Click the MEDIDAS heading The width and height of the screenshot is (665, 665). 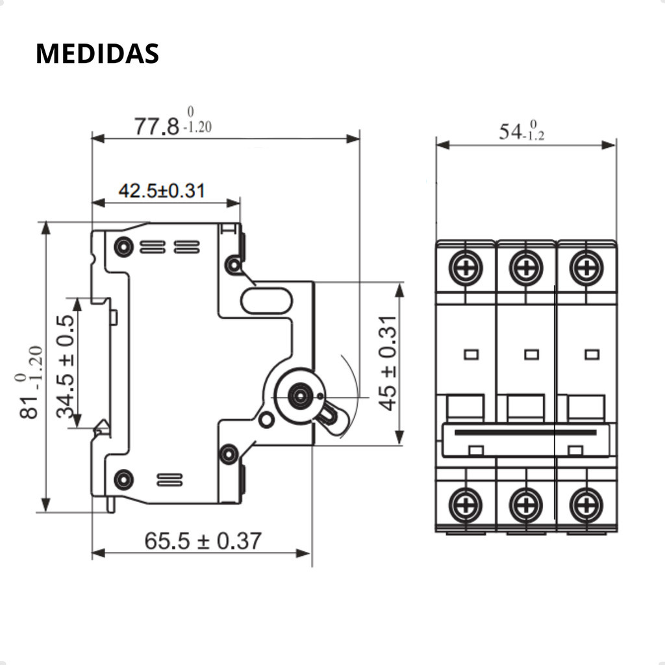[x=97, y=54]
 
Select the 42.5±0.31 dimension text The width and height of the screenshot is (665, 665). [x=162, y=191]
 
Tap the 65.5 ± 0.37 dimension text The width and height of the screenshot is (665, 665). [x=203, y=541]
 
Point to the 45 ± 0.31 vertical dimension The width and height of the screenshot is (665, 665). [x=388, y=363]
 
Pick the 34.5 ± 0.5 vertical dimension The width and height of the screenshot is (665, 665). [x=66, y=366]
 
